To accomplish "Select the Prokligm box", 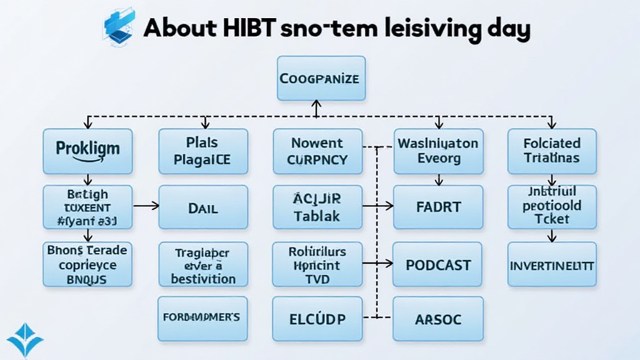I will (x=87, y=151).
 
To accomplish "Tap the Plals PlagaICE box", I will (x=203, y=151).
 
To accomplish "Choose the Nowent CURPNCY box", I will (x=317, y=151).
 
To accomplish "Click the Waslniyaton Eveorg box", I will (x=437, y=151).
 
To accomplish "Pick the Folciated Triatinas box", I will (x=552, y=151).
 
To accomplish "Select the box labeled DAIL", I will (x=203, y=207).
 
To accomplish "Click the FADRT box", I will (x=437, y=207).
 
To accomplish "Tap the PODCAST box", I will (x=437, y=264).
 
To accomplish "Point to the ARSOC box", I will (x=437, y=319).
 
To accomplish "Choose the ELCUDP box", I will (x=317, y=319).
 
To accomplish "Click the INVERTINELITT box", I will (x=552, y=264).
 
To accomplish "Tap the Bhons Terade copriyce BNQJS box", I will (x=87, y=264).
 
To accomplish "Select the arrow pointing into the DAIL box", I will (x=149, y=204).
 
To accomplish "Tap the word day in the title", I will (x=507, y=29).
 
